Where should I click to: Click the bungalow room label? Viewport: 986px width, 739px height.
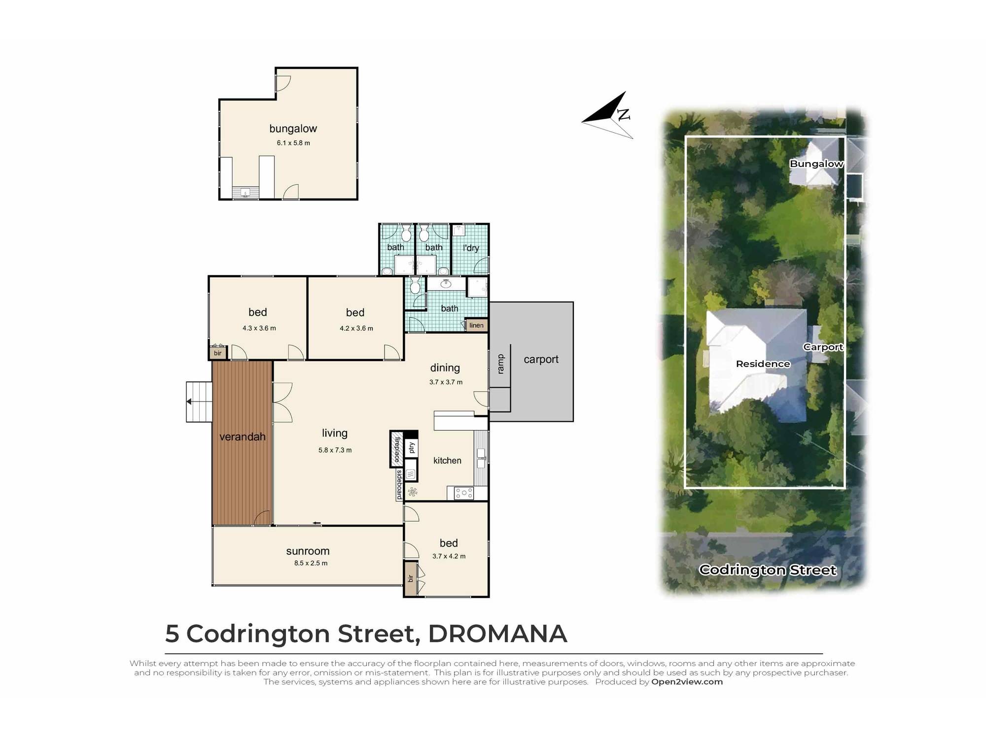293,129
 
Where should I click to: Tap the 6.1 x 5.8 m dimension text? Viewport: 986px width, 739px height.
293,143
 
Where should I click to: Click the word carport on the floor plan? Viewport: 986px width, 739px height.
541,360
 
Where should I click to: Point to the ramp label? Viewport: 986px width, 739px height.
501,364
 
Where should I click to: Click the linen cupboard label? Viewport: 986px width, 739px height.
476,326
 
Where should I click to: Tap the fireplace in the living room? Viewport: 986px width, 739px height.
396,449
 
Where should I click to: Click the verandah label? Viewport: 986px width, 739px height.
242,437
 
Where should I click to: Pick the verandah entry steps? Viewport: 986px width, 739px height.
199,402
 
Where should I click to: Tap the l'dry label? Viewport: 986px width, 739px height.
471,248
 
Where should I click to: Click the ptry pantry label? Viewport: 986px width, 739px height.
412,448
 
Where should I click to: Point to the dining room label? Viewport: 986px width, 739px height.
445,368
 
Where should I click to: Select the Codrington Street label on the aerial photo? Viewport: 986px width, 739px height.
768,570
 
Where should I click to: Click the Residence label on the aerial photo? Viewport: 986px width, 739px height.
763,364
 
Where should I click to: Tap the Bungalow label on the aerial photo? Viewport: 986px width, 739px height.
816,164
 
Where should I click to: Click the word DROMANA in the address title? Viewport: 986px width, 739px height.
497,634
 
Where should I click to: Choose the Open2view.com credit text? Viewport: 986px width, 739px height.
687,682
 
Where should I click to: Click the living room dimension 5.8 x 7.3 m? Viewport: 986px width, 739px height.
335,450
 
